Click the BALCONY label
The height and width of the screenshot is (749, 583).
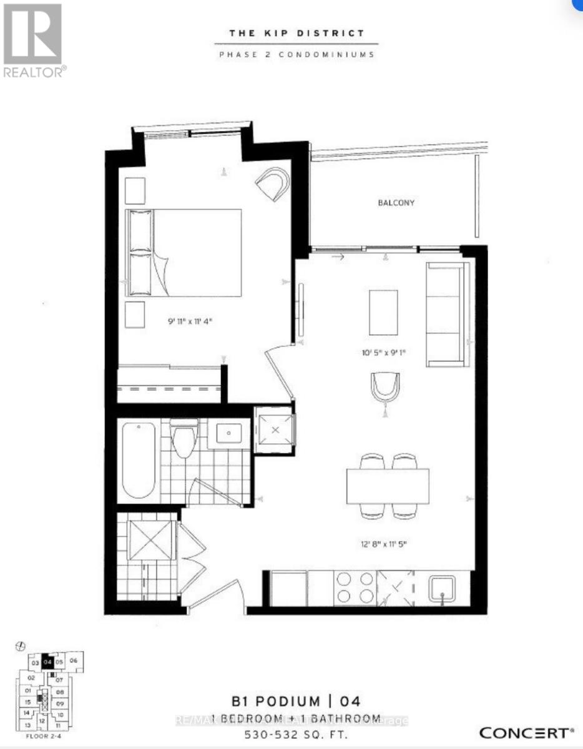[x=396, y=203]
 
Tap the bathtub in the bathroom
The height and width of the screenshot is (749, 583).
[x=139, y=461]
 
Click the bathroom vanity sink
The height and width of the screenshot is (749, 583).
[x=229, y=432]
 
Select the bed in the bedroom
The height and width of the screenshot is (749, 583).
[x=184, y=252]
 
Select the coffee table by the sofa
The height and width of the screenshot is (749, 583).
[x=383, y=312]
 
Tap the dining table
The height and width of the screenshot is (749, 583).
[x=388, y=486]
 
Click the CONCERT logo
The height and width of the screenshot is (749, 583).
[x=526, y=732]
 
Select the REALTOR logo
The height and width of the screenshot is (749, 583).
[x=32, y=41]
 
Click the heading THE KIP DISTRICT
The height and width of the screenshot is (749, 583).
[x=296, y=33]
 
